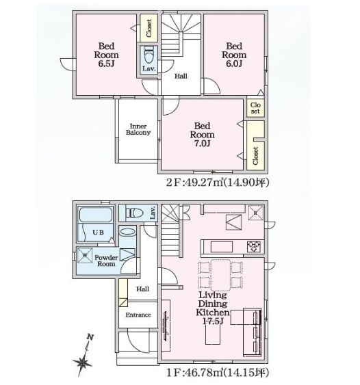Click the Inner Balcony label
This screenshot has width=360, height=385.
click(138, 129)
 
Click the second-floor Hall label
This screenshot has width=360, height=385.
click(181, 77)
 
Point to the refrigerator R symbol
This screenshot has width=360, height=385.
click(255, 212)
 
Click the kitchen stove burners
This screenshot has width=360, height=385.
click(253, 246)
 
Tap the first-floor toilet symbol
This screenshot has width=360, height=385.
click(134, 213)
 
